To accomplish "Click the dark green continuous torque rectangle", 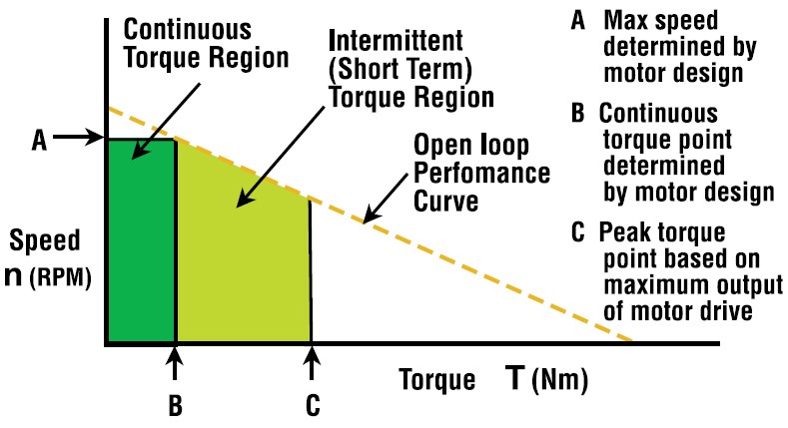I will click(140, 259).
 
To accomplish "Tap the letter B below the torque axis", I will click(176, 405).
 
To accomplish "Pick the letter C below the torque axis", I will click(313, 405).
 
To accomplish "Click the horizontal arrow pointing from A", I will click(75, 139).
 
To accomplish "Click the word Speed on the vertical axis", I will click(39, 241).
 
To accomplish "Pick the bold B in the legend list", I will click(578, 113).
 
